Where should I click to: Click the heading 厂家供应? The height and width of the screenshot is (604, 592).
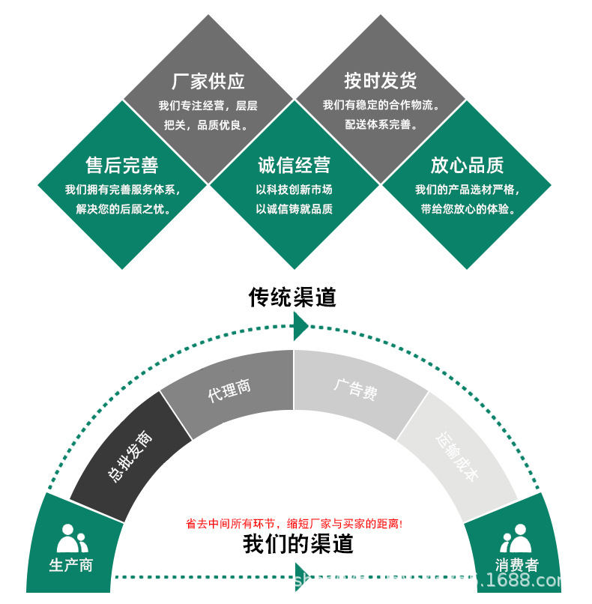(x=208, y=81)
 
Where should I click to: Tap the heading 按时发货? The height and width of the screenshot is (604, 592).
(x=380, y=80)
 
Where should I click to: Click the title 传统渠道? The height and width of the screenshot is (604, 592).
(x=292, y=298)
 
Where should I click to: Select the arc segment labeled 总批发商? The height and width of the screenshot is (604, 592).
(x=130, y=456)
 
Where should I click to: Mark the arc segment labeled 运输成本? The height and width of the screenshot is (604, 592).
(x=456, y=456)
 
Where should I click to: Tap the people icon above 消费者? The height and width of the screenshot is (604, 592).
(x=516, y=537)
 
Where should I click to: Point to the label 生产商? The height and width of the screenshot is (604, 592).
(x=71, y=565)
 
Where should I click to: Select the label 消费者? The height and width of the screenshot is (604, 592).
(x=516, y=565)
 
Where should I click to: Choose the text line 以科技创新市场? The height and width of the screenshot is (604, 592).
(x=294, y=190)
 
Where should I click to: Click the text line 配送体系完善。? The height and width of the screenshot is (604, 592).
(x=381, y=125)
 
